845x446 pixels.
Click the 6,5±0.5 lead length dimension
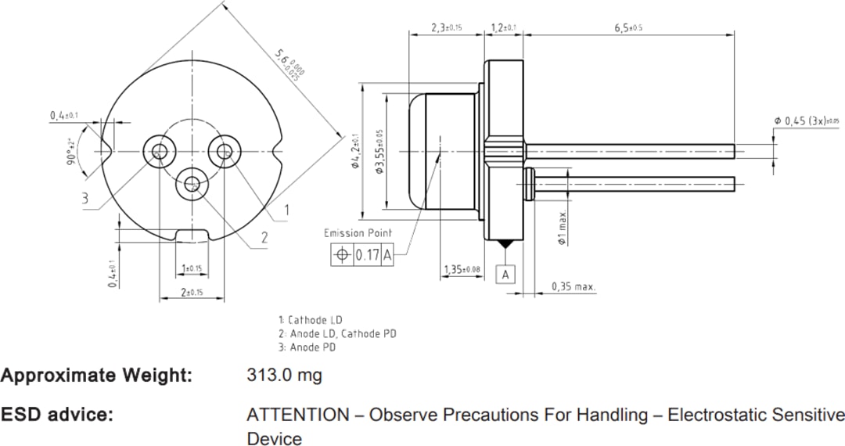click(628, 27)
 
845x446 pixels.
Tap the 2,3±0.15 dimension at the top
click(447, 27)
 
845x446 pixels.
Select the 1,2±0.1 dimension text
click(504, 27)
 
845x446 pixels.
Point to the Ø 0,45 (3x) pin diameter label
click(806, 120)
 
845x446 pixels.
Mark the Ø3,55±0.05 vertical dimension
click(380, 153)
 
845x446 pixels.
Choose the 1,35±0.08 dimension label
click(462, 269)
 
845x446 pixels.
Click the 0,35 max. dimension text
click(574, 287)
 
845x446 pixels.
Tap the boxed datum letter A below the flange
click(506, 275)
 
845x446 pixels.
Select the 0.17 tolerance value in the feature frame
click(367, 254)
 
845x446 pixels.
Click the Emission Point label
click(358, 233)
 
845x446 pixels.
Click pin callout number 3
click(84, 199)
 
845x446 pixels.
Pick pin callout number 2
click(264, 238)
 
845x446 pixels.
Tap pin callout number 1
click(286, 209)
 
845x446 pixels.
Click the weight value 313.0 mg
click(284, 376)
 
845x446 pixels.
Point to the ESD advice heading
click(57, 415)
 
